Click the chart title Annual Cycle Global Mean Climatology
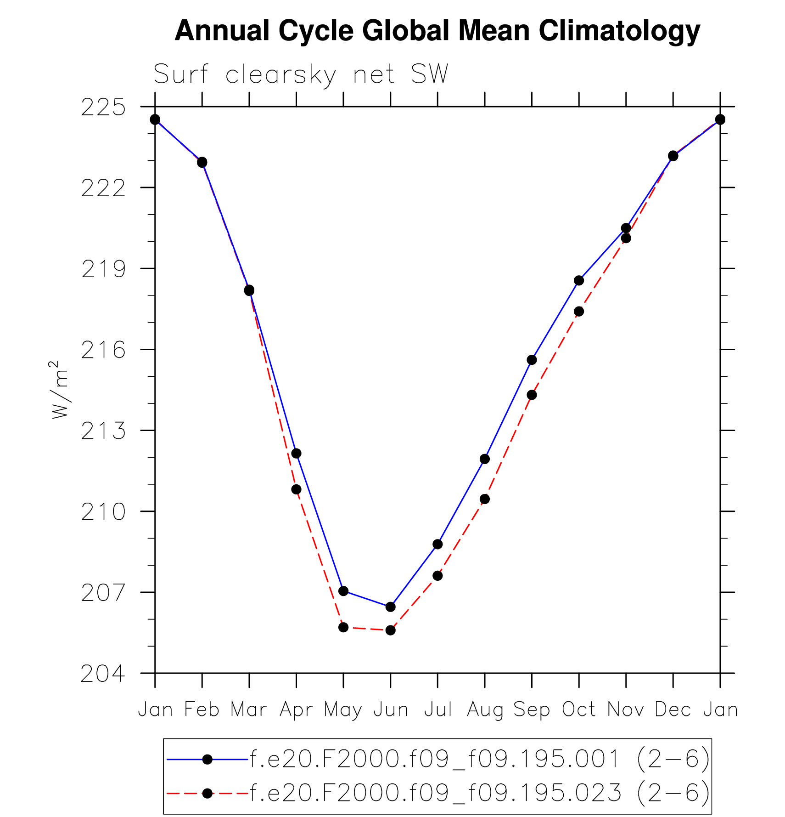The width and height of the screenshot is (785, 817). click(x=437, y=31)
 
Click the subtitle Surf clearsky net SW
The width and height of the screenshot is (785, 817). click(x=301, y=74)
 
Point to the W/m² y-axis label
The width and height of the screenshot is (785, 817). click(x=60, y=390)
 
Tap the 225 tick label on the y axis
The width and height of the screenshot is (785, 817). click(x=103, y=108)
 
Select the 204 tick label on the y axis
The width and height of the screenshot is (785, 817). click(x=103, y=674)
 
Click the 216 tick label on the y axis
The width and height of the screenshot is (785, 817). click(x=103, y=351)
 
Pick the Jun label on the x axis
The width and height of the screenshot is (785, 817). click(x=391, y=710)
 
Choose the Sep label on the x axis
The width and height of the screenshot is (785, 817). click(x=532, y=710)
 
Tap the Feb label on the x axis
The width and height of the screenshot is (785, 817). click(x=202, y=710)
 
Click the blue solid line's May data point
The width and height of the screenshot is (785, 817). click(x=343, y=591)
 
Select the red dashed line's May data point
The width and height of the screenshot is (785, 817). click(x=343, y=627)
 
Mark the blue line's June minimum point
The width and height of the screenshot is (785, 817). click(x=391, y=607)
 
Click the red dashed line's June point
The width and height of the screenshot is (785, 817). click(x=391, y=630)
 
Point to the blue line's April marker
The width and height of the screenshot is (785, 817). click(x=296, y=454)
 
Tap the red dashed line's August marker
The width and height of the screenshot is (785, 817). click(x=485, y=499)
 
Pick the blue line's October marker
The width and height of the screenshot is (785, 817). click(x=579, y=280)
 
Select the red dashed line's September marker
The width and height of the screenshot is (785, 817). click(x=532, y=395)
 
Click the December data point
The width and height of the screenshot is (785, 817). click(x=673, y=156)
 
